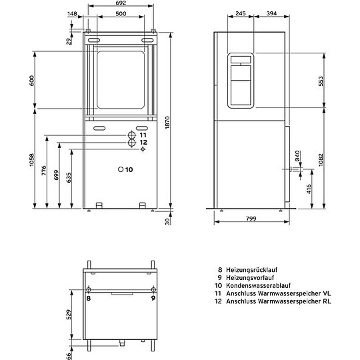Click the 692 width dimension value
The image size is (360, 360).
coord(119,4)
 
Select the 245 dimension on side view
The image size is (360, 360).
coord(241,13)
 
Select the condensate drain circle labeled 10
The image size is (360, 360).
coord(121,169)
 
